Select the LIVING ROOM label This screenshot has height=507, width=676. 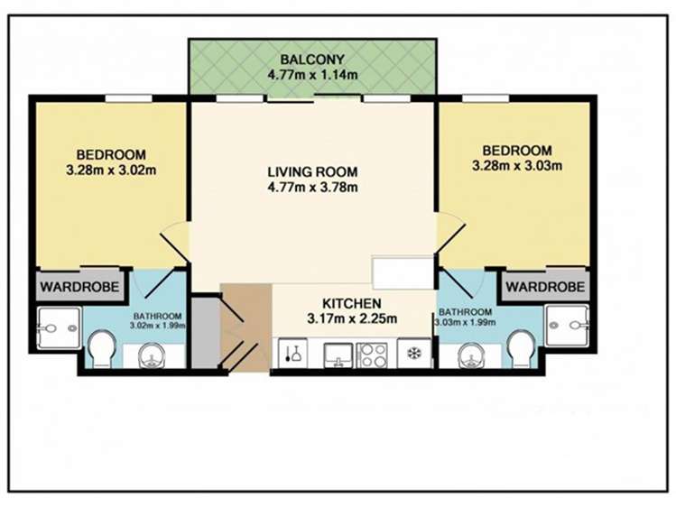(312, 171)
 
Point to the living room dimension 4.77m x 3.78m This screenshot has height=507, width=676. (312, 188)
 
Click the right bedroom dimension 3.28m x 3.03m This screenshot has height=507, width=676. (516, 165)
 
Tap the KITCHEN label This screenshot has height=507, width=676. (352, 303)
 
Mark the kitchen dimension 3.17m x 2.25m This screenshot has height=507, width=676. (352, 318)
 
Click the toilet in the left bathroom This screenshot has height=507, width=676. (102, 348)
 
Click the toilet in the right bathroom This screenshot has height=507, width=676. (521, 347)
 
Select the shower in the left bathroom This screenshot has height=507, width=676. (60, 327)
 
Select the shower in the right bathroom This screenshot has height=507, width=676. (567, 327)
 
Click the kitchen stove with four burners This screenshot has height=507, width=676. (373, 355)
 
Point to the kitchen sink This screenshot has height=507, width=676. (335, 355)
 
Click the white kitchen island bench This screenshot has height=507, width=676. (403, 270)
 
